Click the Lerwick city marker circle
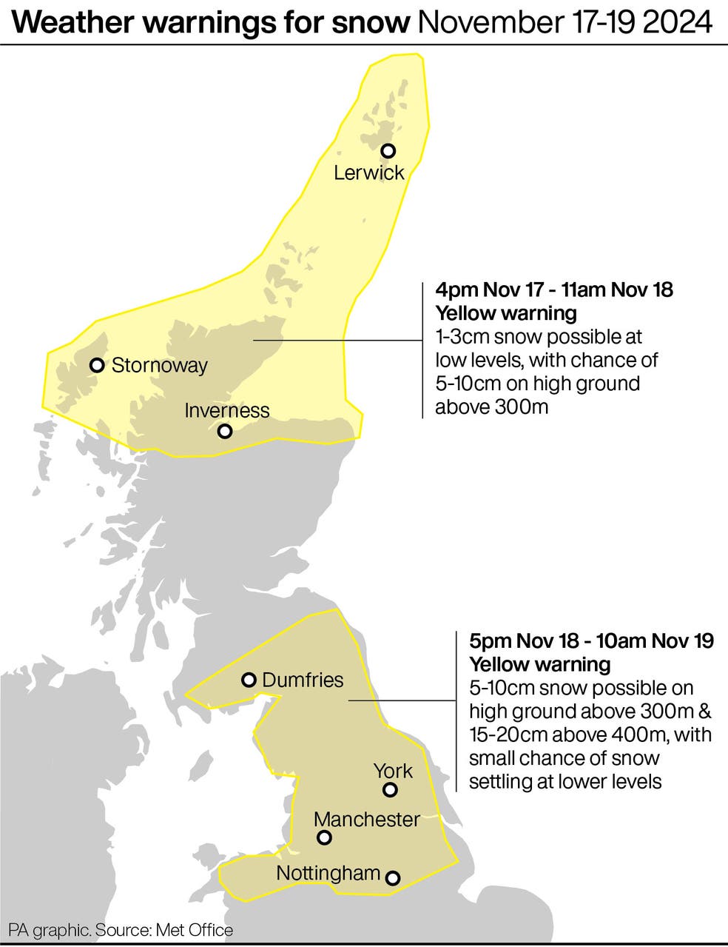[x=388, y=150]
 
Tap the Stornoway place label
[x=159, y=365]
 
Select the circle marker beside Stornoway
[x=96, y=365]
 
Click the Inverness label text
[x=226, y=410]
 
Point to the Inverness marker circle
[x=225, y=431]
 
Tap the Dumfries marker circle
[x=249, y=680]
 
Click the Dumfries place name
[x=303, y=680]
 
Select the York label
[x=393, y=771]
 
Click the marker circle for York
[x=390, y=790]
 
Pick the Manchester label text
[x=366, y=819]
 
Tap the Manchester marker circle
[x=324, y=838]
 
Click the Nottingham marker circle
[x=393, y=878]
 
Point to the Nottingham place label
[x=328, y=873]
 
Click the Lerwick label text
[x=368, y=173]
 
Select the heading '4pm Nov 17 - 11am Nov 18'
[x=553, y=289]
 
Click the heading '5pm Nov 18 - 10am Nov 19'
[x=591, y=640]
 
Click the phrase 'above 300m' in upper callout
[x=491, y=406]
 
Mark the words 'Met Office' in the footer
[x=199, y=930]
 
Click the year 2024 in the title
[x=677, y=22]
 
